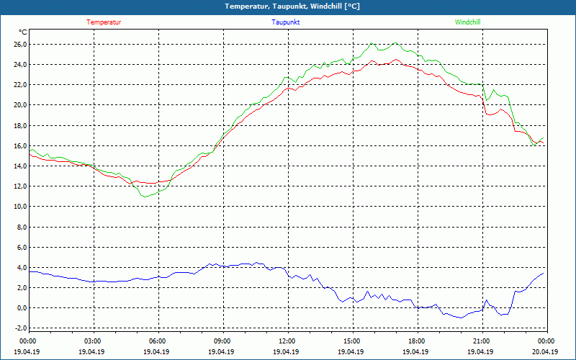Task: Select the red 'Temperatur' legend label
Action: pos(104,22)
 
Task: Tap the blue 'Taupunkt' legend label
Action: pos(285,22)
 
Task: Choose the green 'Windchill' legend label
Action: pos(467,22)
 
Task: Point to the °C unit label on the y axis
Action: pos(23,32)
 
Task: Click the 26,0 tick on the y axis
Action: pos(19,45)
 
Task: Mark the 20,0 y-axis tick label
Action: pos(19,105)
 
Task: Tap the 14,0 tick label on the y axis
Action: pos(19,166)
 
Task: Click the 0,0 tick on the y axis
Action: pos(21,308)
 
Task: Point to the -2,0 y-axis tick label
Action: pos(19,328)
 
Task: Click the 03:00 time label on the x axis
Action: pos(93,341)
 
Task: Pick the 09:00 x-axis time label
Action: pos(222,341)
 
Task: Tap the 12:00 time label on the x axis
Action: pos(287,341)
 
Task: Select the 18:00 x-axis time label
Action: pos(416,341)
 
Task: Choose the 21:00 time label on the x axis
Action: pos(481,341)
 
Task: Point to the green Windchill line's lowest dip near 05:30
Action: pos(145,196)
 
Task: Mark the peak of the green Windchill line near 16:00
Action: pos(372,43)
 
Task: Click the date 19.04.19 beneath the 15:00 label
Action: pos(351,352)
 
